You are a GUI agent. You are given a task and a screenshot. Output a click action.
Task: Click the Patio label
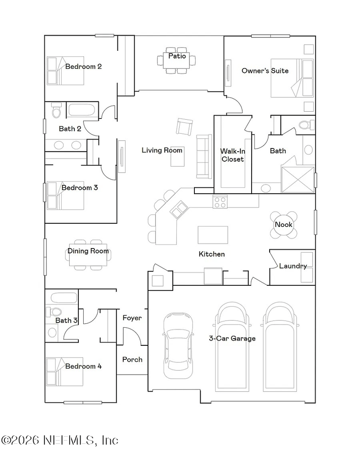tap(177, 56)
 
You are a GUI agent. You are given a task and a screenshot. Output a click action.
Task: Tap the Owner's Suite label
tap(265, 71)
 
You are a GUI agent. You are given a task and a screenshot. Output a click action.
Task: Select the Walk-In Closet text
tap(232, 155)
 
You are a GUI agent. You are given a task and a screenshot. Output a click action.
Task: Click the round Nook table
tap(284, 225)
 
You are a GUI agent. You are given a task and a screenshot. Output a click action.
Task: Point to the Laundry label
tap(293, 266)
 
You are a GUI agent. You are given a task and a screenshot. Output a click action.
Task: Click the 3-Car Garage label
tap(232, 339)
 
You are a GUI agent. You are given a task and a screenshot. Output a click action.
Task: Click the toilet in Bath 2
tap(56, 110)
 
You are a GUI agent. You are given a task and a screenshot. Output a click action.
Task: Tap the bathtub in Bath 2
tap(81, 111)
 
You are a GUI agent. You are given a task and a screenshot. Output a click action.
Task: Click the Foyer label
tap(132, 318)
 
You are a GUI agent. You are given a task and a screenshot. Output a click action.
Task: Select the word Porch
tap(132, 359)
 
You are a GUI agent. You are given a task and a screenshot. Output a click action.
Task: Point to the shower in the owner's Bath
tap(297, 180)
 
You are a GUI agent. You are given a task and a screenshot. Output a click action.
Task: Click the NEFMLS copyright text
tap(60, 440)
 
